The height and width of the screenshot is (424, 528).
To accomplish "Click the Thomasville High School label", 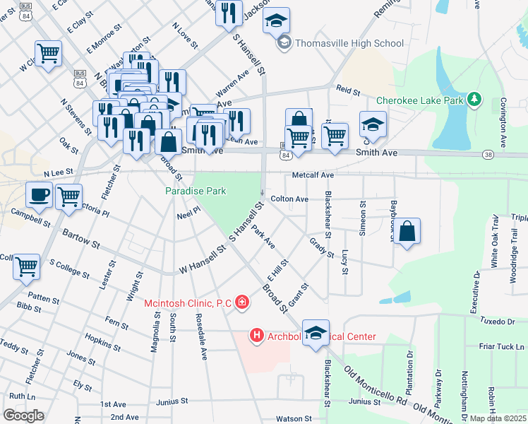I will click(349, 44).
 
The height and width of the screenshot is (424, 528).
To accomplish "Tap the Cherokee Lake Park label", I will click(419, 100).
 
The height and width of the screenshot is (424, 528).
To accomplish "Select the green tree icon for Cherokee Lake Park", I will click(476, 100).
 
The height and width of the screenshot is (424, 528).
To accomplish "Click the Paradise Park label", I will click(196, 191).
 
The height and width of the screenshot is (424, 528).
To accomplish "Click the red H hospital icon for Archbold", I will click(257, 336).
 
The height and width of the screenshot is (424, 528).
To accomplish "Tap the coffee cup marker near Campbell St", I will click(39, 195).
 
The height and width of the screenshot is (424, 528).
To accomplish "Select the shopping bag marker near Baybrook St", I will click(407, 232).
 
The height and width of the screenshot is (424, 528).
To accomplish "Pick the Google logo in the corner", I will click(23, 416).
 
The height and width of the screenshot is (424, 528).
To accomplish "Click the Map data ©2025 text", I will click(498, 418).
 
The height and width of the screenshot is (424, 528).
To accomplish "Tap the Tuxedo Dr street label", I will click(497, 322).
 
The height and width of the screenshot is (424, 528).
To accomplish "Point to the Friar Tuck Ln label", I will click(502, 346).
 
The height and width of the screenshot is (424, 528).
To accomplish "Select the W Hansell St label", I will click(202, 260).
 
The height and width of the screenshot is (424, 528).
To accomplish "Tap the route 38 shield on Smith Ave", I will click(488, 153).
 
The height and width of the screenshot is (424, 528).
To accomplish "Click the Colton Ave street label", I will click(289, 199).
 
